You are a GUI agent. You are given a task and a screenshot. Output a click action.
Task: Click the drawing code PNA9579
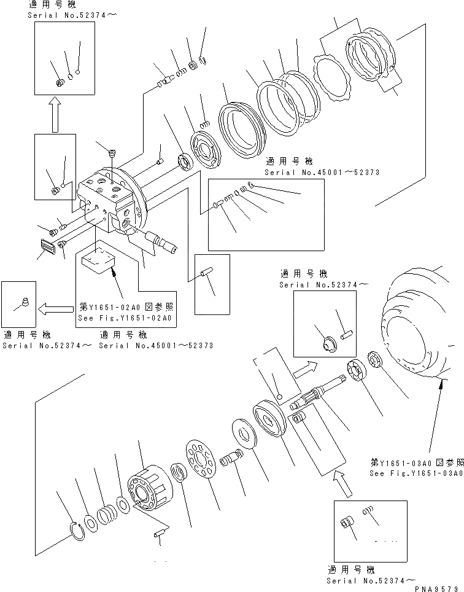(x=436, y=588)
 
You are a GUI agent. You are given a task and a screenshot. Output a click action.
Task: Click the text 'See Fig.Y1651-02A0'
(x=126, y=319)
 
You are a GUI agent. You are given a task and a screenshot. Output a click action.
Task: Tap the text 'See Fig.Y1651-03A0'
(x=415, y=473)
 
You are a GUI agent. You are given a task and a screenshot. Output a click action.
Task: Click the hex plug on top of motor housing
(x=111, y=153)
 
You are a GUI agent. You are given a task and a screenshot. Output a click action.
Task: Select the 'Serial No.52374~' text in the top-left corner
(x=59, y=15)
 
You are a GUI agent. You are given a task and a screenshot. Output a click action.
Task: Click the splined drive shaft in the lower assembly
(x=322, y=389)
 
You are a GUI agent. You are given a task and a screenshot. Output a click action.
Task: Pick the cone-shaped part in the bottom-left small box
(x=24, y=301)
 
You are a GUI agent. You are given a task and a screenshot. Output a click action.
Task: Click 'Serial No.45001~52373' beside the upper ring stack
(x=322, y=173)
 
